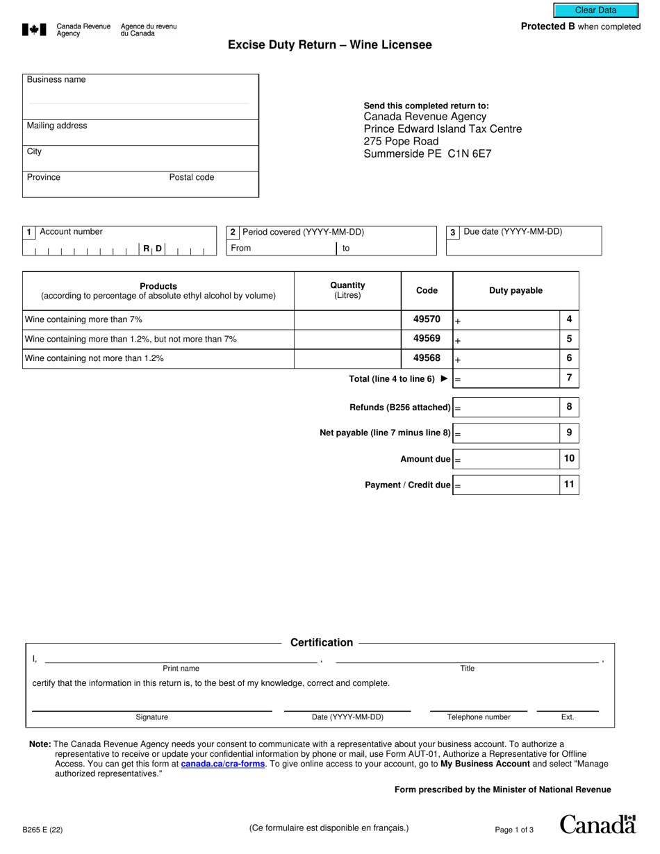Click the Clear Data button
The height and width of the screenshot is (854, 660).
point(595,10)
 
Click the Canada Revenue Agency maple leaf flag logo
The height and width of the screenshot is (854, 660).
point(35,30)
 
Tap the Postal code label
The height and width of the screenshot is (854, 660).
point(192,177)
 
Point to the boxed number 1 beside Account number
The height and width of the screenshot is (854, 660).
point(29,232)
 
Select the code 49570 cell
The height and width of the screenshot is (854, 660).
point(427,319)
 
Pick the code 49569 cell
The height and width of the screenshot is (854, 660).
point(427,339)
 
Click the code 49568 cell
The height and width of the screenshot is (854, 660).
point(427,358)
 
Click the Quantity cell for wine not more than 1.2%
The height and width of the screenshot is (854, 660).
point(347,359)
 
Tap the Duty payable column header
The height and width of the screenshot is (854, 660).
point(515,291)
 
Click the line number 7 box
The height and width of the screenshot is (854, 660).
point(569,378)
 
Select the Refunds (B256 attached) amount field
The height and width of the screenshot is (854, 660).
point(506,408)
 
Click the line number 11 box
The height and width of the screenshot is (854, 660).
point(569,485)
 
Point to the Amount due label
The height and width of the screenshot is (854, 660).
point(425,459)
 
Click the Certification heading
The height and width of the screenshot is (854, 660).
point(321,643)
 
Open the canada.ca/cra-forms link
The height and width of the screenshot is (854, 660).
point(222,764)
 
